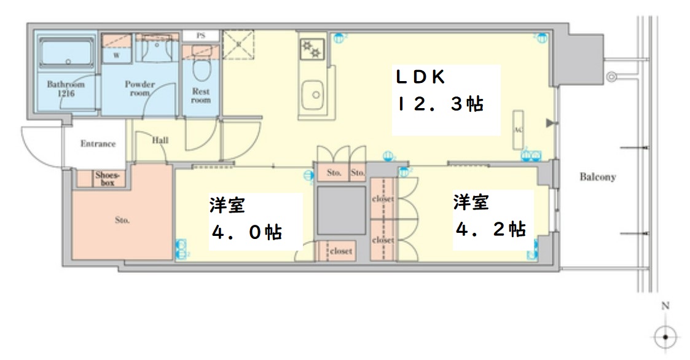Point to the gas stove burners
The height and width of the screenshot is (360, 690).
(312, 49)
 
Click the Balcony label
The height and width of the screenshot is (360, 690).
(597, 177)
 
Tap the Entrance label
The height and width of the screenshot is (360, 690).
(98, 144)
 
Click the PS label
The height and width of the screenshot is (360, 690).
(200, 36)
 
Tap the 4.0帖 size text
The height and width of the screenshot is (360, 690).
(246, 232)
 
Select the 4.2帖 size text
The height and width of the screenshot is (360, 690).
(490, 229)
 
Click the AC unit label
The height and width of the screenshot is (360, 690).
(517, 130)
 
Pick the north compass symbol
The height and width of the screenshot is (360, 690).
(665, 336)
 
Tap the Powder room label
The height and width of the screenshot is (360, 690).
(140, 88)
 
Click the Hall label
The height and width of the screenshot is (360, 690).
(160, 140)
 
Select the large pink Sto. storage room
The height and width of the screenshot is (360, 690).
(122, 220)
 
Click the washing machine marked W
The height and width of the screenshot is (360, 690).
(116, 54)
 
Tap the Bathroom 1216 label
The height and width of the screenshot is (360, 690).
(66, 89)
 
